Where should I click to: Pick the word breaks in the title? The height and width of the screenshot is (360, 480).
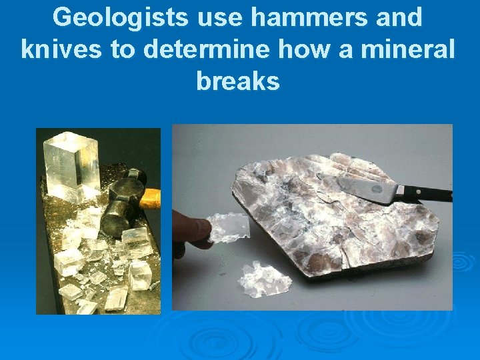238,81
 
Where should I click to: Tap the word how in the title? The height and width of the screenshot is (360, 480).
297,50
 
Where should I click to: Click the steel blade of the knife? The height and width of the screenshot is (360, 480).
365,189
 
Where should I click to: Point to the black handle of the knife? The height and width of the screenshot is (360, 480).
429,194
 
